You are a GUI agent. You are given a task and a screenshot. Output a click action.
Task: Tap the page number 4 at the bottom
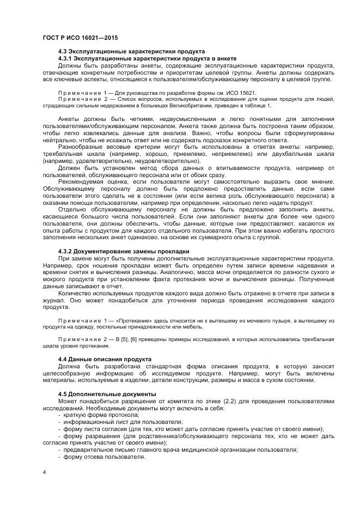coord(44,471)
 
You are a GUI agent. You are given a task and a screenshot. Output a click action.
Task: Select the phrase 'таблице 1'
coord(258,106)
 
